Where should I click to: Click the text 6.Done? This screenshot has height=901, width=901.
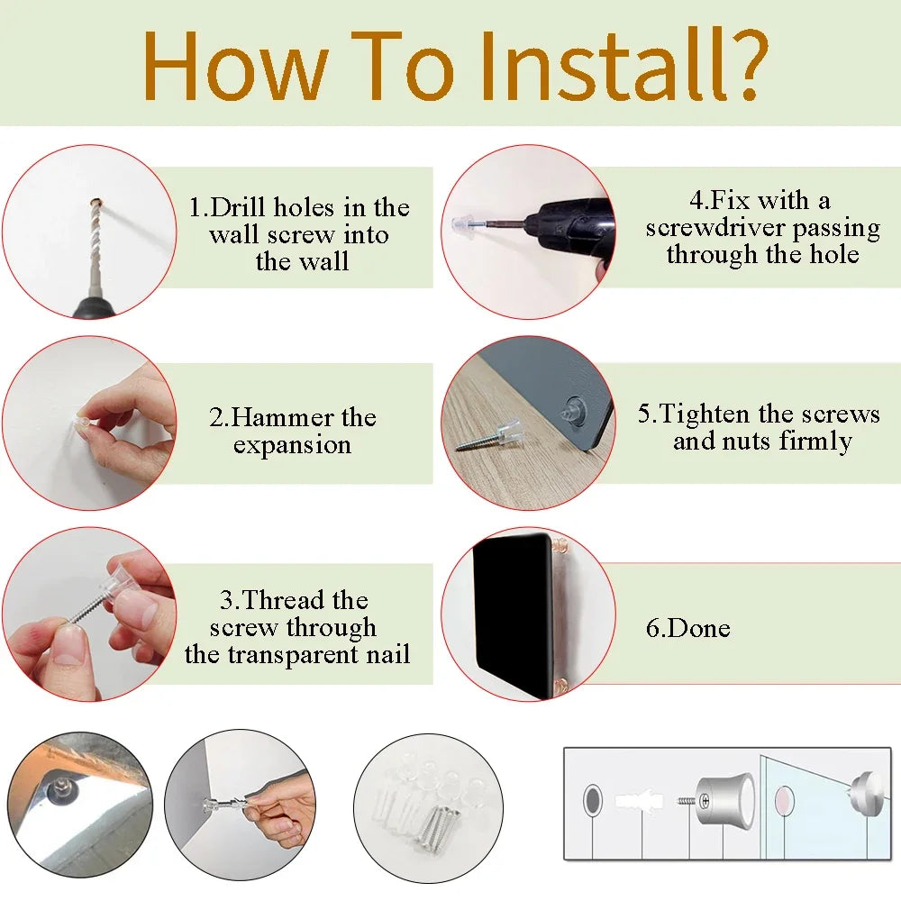coord(687,628)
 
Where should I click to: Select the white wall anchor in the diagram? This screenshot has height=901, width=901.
coord(639,801)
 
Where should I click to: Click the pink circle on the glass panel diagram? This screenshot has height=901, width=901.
coord(784,801)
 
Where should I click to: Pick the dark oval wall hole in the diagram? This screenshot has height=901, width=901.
coord(593,800)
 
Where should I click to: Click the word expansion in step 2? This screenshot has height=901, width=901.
coord(293,446)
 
